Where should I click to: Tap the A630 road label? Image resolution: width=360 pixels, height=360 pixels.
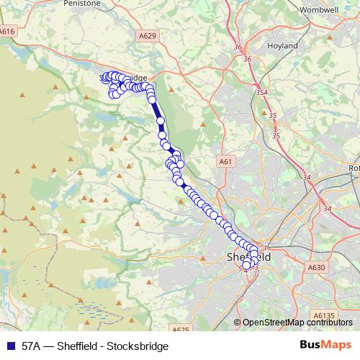click(x=317, y=268)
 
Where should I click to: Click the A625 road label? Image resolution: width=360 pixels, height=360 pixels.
click(x=181, y=329)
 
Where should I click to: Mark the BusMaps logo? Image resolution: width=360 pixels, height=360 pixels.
click(x=325, y=345)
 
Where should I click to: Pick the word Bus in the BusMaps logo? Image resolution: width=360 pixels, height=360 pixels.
click(x=312, y=345)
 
